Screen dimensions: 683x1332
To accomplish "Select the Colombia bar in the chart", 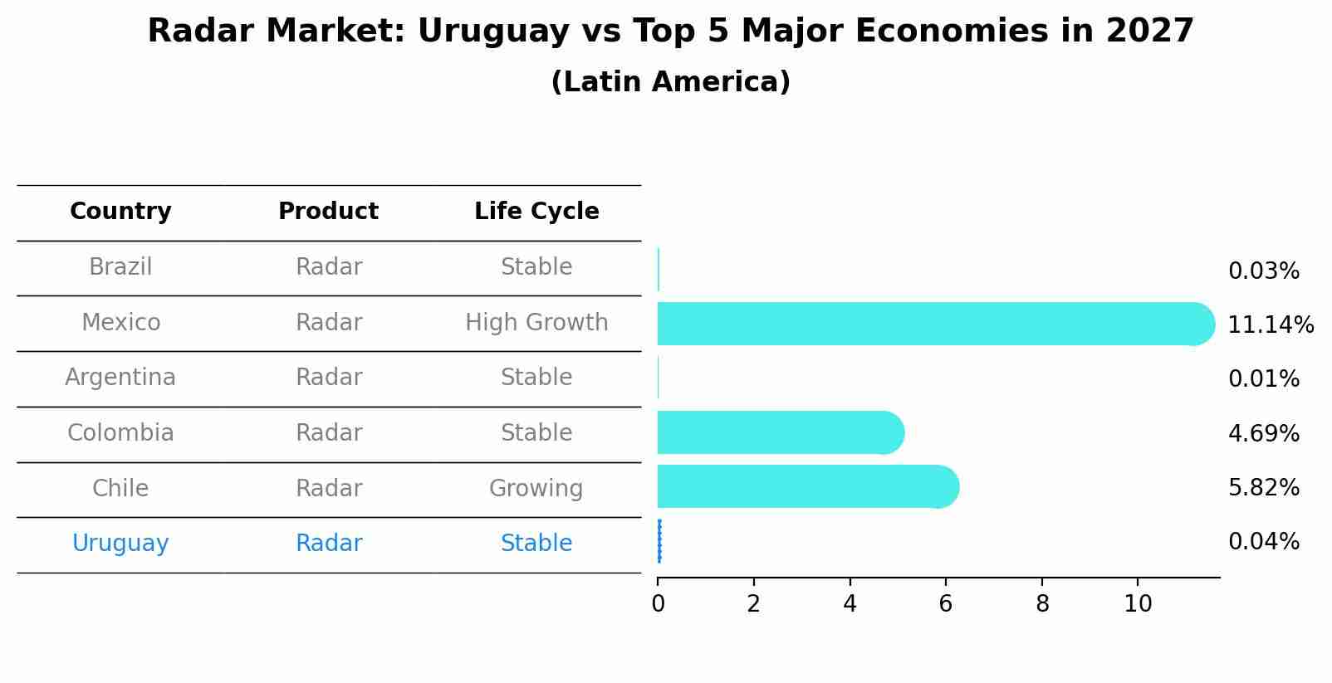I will pyautogui.click(x=776, y=432).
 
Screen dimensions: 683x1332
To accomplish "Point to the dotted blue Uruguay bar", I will pyautogui.click(x=659, y=541).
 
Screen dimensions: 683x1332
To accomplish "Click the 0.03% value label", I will pyautogui.click(x=1263, y=271).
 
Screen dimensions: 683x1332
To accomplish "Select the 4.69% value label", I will pyautogui.click(x=1263, y=433).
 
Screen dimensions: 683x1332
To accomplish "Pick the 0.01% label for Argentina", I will pyautogui.click(x=1263, y=379).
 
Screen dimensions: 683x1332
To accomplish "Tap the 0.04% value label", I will pyautogui.click(x=1263, y=542).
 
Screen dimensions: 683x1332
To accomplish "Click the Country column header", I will pyautogui.click(x=120, y=212).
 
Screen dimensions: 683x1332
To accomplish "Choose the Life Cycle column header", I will pyautogui.click(x=536, y=212).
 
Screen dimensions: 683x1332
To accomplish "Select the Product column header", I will pyautogui.click(x=328, y=212).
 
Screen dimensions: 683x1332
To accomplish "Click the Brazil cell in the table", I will pyautogui.click(x=120, y=267).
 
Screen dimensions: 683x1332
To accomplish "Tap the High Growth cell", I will pyautogui.click(x=536, y=323).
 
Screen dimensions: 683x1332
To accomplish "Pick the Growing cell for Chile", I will pyautogui.click(x=536, y=488).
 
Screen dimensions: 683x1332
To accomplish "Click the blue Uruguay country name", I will pyautogui.click(x=120, y=544).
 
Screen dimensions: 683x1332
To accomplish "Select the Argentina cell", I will pyautogui.click(x=120, y=378).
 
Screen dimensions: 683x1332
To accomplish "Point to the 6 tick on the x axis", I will pyautogui.click(x=945, y=604).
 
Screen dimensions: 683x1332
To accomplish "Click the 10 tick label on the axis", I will pyautogui.click(x=1138, y=604).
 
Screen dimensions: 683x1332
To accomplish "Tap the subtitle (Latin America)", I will pyautogui.click(x=670, y=82).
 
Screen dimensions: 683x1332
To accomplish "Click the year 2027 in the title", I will pyautogui.click(x=1149, y=32).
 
